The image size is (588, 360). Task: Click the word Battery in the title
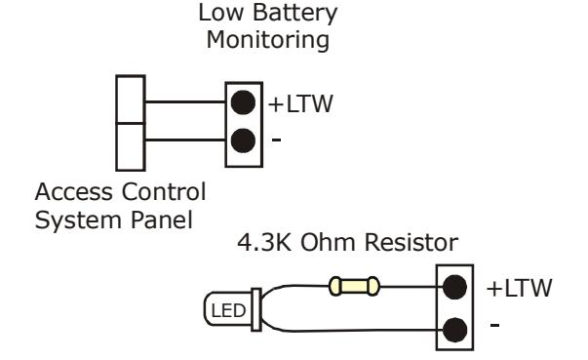[295, 14]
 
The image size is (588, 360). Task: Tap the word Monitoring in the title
[268, 40]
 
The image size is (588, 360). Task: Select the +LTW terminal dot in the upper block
[243, 102]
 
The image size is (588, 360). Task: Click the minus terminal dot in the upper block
[243, 140]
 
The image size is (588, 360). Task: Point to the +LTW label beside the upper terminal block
[300, 103]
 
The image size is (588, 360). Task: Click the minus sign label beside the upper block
[276, 140]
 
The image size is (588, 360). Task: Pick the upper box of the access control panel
[131, 99]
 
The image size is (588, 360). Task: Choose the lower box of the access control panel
[131, 146]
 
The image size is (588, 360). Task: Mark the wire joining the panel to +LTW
[185, 101]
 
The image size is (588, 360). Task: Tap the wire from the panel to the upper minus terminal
[185, 140]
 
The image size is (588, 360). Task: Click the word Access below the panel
[74, 191]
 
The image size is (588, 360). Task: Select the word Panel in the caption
[162, 220]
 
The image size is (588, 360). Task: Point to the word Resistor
[412, 242]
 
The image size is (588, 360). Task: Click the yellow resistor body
[354, 287]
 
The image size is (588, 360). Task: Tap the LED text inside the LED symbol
[228, 311]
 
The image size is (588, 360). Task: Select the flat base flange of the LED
[256, 309]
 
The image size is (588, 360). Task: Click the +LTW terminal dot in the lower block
[454, 287]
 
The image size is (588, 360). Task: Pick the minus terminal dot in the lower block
[454, 330]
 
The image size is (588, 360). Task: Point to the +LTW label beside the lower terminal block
[520, 288]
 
